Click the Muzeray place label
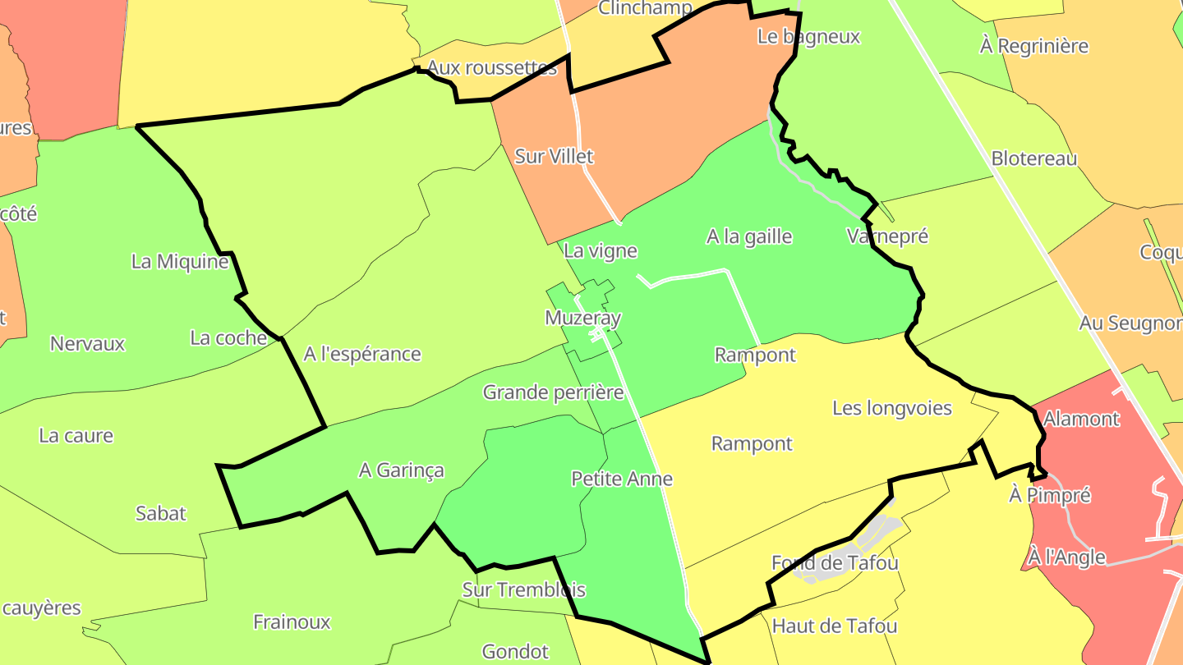pyautogui.click(x=582, y=318)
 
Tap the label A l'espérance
pyautogui.click(x=362, y=354)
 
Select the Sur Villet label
pyautogui.click(x=554, y=156)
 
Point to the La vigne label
pyautogui.click(x=600, y=251)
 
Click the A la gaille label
pyautogui.click(x=749, y=236)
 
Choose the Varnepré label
pyautogui.click(x=887, y=236)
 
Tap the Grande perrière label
pyautogui.click(x=553, y=392)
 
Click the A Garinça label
pyautogui.click(x=401, y=470)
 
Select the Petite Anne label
pyautogui.click(x=622, y=479)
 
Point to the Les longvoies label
pyautogui.click(x=892, y=408)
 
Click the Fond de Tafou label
pyautogui.click(x=835, y=563)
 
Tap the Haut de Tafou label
pyautogui.click(x=835, y=626)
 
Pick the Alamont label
pyautogui.click(x=1081, y=419)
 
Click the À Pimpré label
pyautogui.click(x=1049, y=495)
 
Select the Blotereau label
pyautogui.click(x=1033, y=158)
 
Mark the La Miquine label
pyautogui.click(x=180, y=262)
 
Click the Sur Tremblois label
pyautogui.click(x=523, y=589)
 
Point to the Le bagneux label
pyautogui.click(x=808, y=36)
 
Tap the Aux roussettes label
pyautogui.click(x=492, y=67)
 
